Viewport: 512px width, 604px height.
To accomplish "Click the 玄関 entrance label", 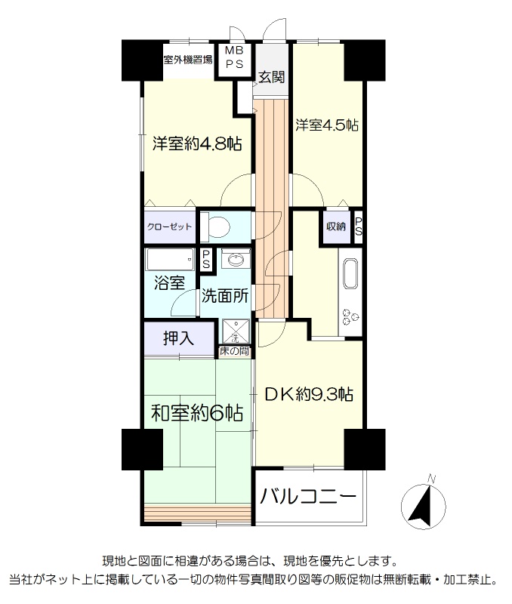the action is click(271, 77).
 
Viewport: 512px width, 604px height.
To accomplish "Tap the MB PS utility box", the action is click(234, 60).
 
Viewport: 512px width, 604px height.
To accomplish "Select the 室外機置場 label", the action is click(187, 60).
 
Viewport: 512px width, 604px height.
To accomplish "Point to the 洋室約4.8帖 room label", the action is click(197, 144).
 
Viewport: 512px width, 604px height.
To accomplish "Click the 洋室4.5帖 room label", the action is click(327, 125).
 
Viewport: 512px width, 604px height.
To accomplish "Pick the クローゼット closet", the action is click(169, 226).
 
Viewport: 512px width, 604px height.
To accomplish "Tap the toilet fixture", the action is click(215, 226).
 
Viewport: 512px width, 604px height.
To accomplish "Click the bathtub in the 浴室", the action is click(169, 259).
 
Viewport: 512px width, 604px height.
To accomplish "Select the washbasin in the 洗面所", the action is click(236, 259).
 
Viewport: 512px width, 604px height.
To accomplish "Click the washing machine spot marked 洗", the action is click(235, 331).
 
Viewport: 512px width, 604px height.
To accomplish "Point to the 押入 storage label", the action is click(178, 338).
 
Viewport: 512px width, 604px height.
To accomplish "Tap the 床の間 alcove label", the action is click(234, 351).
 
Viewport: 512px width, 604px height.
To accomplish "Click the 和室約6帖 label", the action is click(197, 413).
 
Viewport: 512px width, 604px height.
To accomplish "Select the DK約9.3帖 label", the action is click(309, 394).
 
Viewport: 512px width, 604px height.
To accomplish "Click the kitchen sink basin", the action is click(350, 273).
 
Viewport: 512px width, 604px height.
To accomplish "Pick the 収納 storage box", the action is click(336, 226).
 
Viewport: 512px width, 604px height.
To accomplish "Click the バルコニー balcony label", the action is click(308, 497).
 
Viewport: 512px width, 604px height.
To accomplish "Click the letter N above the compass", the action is click(431, 479).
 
